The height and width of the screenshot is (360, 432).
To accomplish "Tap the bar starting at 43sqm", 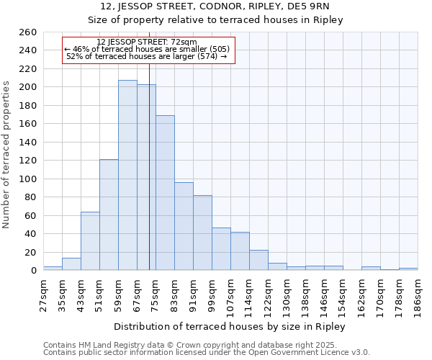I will [x=90, y=241].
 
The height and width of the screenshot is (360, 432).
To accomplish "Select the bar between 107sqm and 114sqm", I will [x=240, y=251].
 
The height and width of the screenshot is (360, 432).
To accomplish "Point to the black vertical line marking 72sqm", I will [x=149, y=166].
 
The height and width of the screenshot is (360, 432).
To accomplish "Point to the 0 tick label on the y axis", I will [x=33, y=271].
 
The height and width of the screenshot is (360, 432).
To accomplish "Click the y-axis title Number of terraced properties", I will [x=7, y=155].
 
